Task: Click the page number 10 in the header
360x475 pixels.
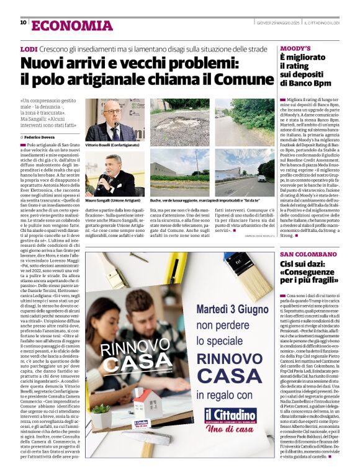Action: [23, 22]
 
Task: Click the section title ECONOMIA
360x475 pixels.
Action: [72, 25]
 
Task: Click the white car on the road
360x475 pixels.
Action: [262, 178]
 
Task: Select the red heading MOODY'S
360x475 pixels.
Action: [295, 48]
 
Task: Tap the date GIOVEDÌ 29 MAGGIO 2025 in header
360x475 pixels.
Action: [277, 23]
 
